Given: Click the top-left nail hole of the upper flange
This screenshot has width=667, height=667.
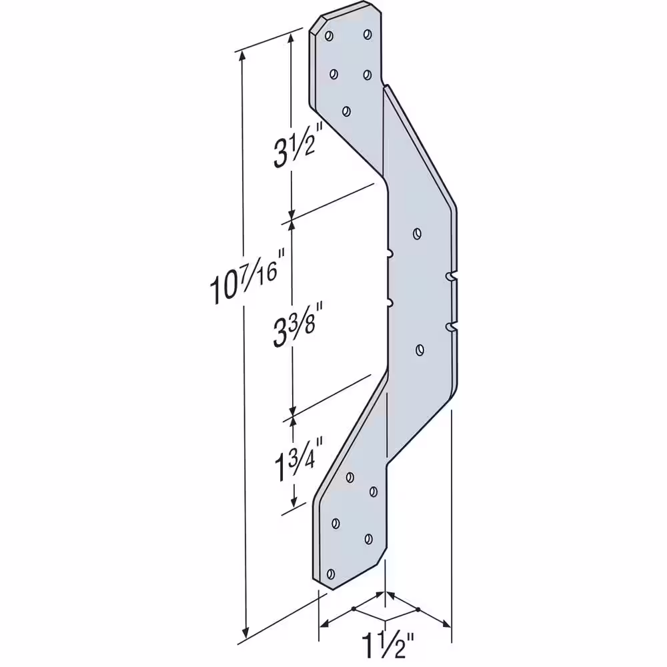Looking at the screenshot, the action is [x=329, y=36].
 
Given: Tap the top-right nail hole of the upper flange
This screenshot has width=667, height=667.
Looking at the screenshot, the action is [x=368, y=34].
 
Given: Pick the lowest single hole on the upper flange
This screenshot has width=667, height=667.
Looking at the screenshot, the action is [x=347, y=111].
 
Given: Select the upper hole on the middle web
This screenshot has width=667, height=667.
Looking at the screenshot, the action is [x=418, y=233].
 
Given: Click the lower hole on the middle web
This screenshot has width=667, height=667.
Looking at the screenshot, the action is [x=420, y=350].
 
